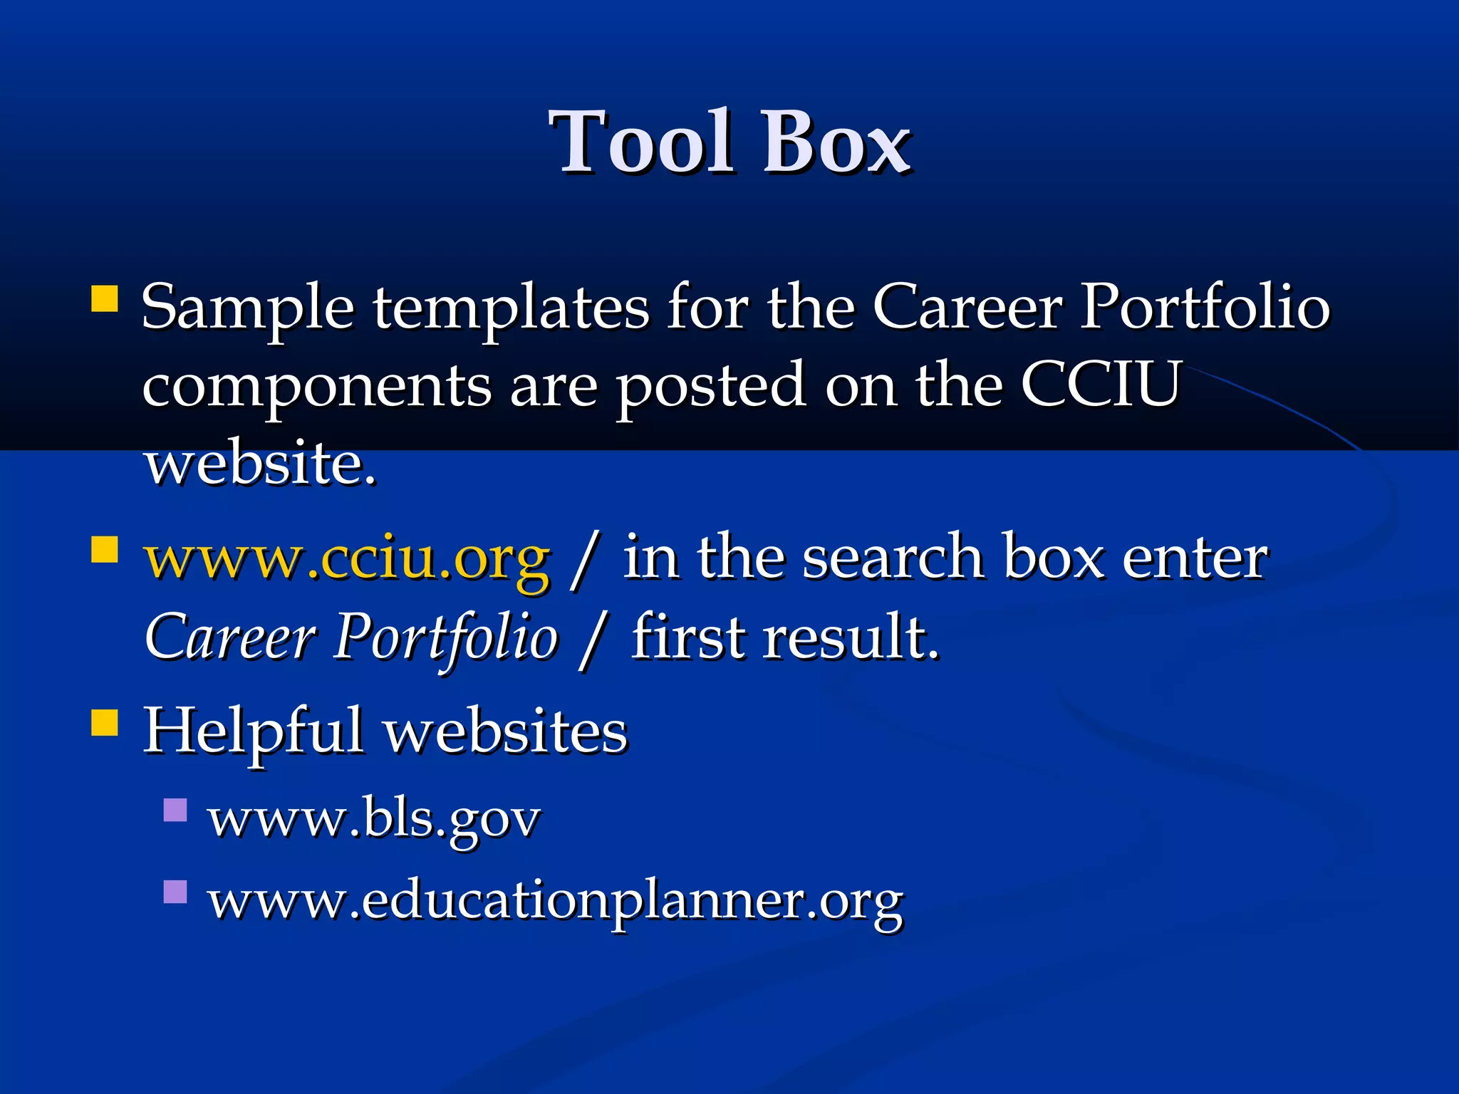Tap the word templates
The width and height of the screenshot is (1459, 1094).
point(510,308)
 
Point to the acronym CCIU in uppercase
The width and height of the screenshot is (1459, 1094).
point(1101,385)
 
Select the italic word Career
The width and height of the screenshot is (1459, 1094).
point(229,636)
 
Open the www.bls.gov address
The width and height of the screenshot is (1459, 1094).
point(374,819)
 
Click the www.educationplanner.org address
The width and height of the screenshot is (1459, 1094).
point(556,901)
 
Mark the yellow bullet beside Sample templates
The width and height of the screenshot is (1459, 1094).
point(105,299)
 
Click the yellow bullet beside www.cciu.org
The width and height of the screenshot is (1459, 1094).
point(105,549)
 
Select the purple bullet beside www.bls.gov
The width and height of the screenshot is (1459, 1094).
point(175,811)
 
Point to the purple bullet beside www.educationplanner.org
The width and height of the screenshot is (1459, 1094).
point(175,892)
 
